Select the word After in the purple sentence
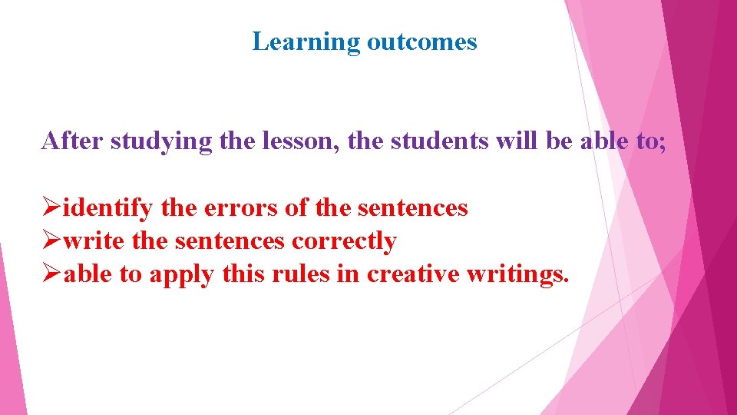[x=73, y=141]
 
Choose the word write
[x=94, y=241]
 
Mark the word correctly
[x=343, y=242]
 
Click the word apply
[x=181, y=275]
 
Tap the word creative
[x=413, y=274]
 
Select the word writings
[x=518, y=275]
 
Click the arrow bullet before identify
[x=51, y=208]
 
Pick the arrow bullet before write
[x=51, y=241]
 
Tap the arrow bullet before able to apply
[x=51, y=274]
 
